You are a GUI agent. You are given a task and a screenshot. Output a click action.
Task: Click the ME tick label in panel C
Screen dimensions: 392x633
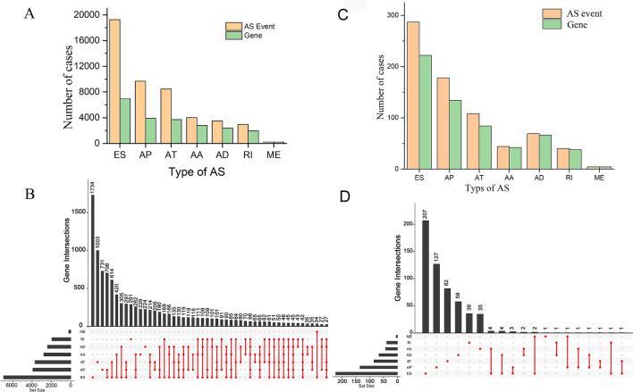click(x=600, y=175)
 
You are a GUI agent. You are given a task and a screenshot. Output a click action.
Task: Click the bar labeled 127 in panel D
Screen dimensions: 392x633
click(x=436, y=291)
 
